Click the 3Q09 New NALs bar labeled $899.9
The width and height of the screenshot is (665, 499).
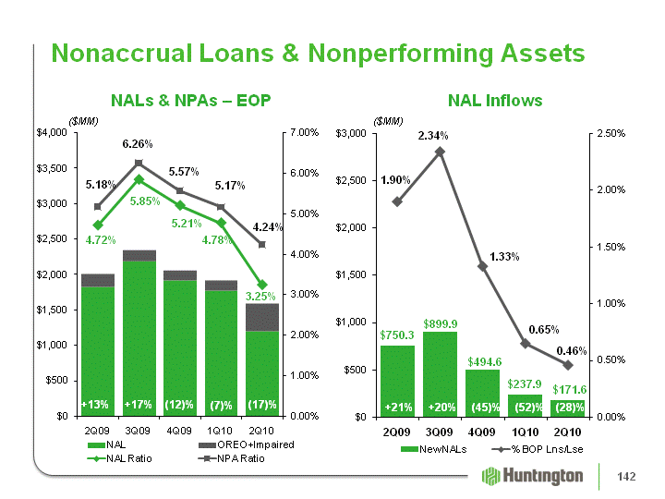click(x=441, y=374)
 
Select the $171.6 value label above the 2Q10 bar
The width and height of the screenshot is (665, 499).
click(x=569, y=390)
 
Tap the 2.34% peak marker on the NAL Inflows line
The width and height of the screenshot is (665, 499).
click(x=441, y=152)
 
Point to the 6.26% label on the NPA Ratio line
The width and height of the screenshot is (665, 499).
click(x=138, y=144)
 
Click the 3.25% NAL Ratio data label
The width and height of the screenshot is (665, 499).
click(x=260, y=297)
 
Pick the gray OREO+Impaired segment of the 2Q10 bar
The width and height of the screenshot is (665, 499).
click(x=262, y=317)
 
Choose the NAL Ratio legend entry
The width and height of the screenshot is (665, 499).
click(x=119, y=458)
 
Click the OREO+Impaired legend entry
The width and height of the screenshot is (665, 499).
click(x=247, y=444)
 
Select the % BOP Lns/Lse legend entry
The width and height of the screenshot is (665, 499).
click(x=538, y=449)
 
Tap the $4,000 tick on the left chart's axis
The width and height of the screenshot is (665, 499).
click(x=52, y=133)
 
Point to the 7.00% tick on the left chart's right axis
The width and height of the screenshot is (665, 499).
click(x=304, y=132)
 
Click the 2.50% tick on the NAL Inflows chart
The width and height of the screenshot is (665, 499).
click(x=611, y=133)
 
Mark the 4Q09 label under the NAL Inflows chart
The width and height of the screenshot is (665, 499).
click(x=482, y=432)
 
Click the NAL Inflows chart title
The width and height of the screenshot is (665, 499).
click(x=495, y=101)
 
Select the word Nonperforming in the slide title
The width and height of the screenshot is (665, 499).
click(x=401, y=54)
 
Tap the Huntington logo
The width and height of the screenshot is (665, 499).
click(x=532, y=476)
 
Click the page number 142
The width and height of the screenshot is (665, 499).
click(x=626, y=477)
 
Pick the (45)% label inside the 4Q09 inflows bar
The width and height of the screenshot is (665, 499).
click(x=485, y=408)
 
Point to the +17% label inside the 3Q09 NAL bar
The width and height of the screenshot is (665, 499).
click(x=138, y=405)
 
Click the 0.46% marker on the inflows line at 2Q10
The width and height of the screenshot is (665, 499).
click(x=568, y=365)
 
